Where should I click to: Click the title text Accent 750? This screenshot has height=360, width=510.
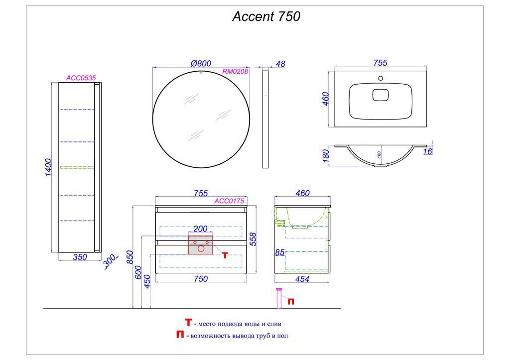(266, 17)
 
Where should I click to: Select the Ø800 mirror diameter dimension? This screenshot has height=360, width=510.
(201, 63)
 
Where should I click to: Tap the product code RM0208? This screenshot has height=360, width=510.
(235, 72)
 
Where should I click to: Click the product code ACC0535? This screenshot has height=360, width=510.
(81, 78)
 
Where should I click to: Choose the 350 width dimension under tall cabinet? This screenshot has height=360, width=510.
(80, 257)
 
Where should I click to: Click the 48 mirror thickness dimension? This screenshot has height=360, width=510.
(280, 64)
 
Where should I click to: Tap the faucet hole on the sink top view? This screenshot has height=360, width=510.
(381, 78)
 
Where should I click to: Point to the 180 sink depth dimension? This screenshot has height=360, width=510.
(326, 155)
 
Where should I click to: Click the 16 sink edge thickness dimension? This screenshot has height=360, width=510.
(427, 151)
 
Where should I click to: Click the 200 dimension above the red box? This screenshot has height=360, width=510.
(200, 229)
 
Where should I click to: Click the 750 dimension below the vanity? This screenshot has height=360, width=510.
(200, 279)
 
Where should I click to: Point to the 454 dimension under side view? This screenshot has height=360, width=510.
(302, 279)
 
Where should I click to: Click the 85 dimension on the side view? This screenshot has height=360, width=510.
(279, 252)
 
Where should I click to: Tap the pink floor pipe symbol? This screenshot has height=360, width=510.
(279, 298)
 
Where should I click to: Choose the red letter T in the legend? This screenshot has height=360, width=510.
(188, 323)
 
